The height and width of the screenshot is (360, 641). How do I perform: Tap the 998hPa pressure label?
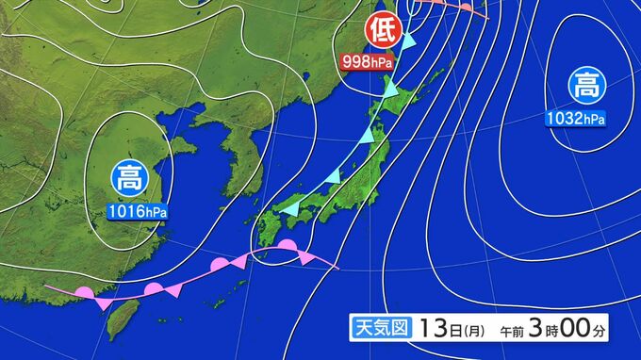(x=368, y=63)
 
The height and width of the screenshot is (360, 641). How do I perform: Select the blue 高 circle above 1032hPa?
(x=585, y=88)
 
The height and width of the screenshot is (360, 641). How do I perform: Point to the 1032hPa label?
(x=575, y=118)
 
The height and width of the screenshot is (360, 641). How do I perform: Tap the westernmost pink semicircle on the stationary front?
(x=84, y=293)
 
